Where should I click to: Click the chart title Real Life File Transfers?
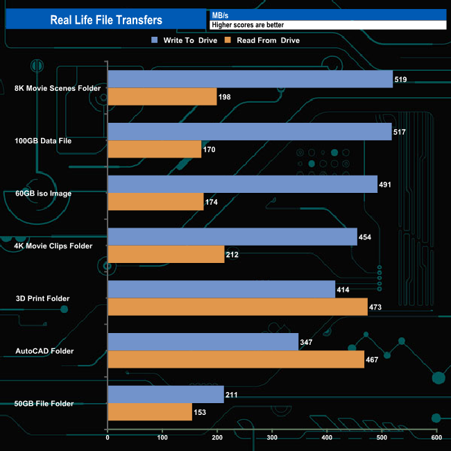tap(106, 20)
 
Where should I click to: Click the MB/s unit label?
tap(221, 15)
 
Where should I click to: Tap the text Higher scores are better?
tap(247, 25)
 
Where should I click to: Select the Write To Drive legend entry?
tap(184, 40)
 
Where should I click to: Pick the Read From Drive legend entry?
tap(262, 40)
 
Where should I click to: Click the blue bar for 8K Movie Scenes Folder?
tap(250, 79)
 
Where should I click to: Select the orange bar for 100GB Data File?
tap(155, 149)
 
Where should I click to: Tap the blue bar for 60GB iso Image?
tap(242, 185)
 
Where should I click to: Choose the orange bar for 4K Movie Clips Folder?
tap(166, 255)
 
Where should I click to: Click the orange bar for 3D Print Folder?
tap(237, 307)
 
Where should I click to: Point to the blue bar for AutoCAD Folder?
tap(203, 342)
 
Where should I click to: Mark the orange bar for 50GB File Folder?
tap(150, 412)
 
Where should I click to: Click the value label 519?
tap(400, 80)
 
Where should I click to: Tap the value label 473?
tap(375, 307)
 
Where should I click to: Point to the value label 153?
tap(200, 413)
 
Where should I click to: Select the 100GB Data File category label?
tap(43, 141)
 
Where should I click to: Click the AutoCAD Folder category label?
tap(44, 351)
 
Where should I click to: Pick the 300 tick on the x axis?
tap(272, 437)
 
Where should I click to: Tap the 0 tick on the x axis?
tap(108, 437)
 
